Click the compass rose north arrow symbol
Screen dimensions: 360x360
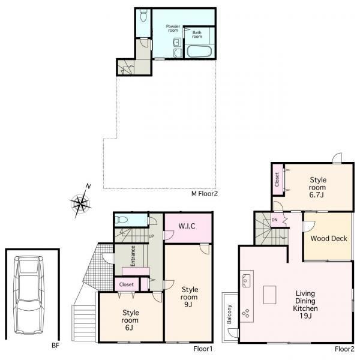click(81, 202)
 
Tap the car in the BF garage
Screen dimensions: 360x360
click(29, 295)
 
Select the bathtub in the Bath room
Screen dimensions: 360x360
click(199, 51)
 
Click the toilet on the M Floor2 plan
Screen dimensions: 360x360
click(143, 15)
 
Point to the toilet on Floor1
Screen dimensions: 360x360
click(121, 220)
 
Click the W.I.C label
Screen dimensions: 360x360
click(187, 226)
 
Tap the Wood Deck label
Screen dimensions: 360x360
click(329, 239)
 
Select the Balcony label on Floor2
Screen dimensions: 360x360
click(229, 314)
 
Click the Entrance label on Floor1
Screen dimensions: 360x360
click(133, 256)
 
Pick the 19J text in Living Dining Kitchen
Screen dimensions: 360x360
click(305, 316)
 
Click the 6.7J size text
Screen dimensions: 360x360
click(316, 195)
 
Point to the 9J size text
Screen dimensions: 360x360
click(188, 304)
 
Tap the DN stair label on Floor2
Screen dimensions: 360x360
click(275, 220)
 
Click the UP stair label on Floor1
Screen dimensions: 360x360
click(151, 236)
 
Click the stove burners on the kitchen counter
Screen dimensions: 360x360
click(245, 313)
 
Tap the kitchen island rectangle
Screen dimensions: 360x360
click(270, 295)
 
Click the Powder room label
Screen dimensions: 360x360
click(173, 28)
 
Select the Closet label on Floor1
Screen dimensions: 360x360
click(126, 284)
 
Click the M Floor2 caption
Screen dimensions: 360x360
click(205, 194)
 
